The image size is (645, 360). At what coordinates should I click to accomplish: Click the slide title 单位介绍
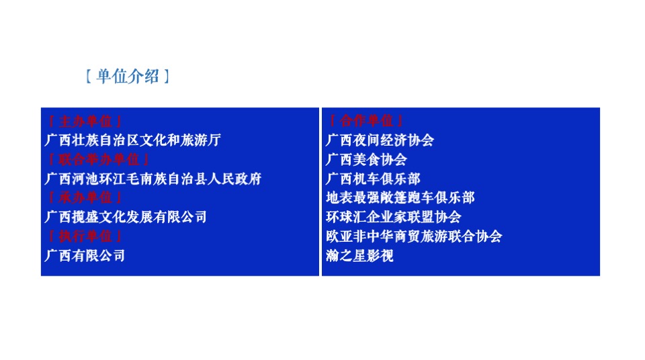[x=128, y=77]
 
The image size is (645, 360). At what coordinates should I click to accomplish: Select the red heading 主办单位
[x=85, y=122]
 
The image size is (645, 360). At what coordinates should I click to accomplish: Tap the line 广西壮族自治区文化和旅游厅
[x=132, y=140]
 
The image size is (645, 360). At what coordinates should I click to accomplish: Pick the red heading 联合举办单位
[x=98, y=160]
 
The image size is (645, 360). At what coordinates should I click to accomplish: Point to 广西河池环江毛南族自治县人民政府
[x=153, y=179]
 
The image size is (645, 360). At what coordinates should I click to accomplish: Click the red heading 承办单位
[x=85, y=198]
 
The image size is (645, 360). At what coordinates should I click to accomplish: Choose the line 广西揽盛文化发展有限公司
[x=126, y=217]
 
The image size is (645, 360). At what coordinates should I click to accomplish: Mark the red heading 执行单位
[x=85, y=236]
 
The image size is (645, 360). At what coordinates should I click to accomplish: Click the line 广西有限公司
[x=85, y=256]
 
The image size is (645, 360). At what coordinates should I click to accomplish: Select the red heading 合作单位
[x=366, y=122]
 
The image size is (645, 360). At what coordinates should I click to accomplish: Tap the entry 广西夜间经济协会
[x=380, y=140]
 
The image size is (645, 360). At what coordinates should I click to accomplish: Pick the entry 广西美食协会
[x=366, y=160]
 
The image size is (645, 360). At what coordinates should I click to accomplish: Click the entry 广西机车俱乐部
[x=373, y=179]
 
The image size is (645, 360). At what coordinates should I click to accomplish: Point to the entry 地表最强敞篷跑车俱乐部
[x=400, y=198]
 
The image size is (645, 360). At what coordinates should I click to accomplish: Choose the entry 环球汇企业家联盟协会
[x=393, y=217]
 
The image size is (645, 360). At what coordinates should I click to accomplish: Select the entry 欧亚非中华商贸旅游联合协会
[x=413, y=236]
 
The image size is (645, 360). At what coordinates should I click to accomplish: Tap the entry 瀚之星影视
[x=359, y=256]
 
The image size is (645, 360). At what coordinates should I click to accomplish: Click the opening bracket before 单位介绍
[x=88, y=77]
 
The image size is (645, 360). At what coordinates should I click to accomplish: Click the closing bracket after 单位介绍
[x=167, y=77]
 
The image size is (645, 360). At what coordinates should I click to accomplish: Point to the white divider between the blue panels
[x=320, y=191]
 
